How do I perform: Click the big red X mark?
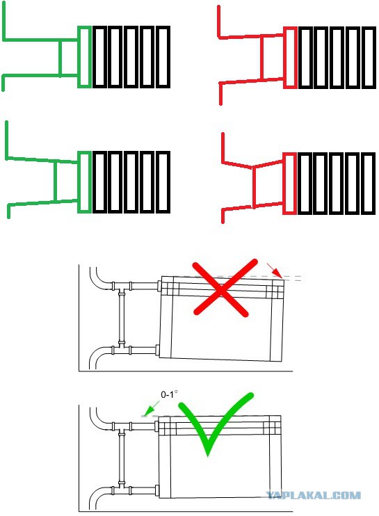tap(221, 289)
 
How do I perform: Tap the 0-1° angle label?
tap(169, 394)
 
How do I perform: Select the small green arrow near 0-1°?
tap(150, 410)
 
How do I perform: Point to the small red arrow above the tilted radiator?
tap(275, 271)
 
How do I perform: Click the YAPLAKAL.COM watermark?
tap(313, 495)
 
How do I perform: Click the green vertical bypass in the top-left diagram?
tap(60, 58)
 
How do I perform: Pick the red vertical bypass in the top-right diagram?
tap(261, 58)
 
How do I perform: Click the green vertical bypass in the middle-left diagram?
tap(55, 181)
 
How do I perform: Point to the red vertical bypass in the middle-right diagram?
tap(254, 188)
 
